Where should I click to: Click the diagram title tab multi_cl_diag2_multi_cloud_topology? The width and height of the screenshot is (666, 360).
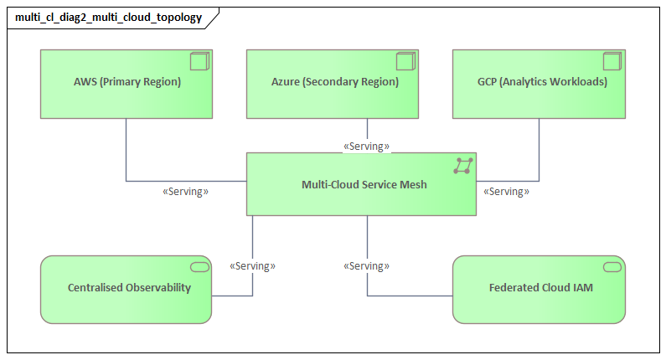coord(109,17)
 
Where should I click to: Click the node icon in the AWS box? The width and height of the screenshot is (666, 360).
coord(199,61)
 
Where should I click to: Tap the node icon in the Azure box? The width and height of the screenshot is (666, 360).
coord(405,61)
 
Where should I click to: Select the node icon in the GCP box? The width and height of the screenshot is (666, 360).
coord(612,61)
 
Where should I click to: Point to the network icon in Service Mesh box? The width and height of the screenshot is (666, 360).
coord(462,165)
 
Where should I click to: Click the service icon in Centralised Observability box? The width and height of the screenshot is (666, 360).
coord(199,267)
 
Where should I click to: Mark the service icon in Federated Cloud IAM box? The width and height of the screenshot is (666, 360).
coord(612,267)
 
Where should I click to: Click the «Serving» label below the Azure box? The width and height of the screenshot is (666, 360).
coord(367,147)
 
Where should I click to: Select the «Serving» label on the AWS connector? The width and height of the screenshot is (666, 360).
coord(185,192)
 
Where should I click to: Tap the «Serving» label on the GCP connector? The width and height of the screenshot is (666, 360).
coord(507,192)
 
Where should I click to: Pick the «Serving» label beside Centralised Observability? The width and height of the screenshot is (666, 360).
coord(252,266)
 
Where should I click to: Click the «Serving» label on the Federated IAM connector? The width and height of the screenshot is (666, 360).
coord(367,266)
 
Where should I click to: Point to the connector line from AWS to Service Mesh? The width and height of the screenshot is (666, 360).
coord(126,159)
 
